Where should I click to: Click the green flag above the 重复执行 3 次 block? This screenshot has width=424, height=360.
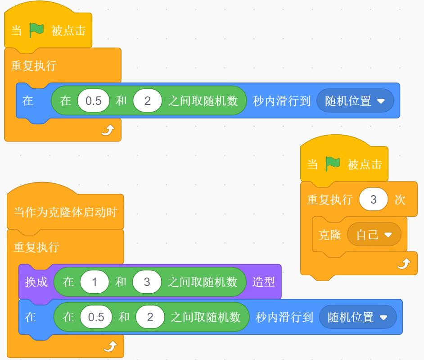click(332, 164)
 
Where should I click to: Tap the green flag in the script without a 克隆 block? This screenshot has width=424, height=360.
click(36, 30)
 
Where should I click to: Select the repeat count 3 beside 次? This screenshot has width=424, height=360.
click(374, 200)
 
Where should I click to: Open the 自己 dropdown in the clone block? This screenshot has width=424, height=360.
click(374, 234)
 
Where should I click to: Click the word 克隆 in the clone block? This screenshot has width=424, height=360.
click(329, 235)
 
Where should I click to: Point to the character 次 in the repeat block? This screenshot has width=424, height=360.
click(400, 200)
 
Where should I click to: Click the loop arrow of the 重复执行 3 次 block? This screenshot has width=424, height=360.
click(404, 264)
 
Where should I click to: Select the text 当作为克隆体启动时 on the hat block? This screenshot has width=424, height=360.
click(65, 212)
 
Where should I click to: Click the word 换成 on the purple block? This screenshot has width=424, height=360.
click(36, 282)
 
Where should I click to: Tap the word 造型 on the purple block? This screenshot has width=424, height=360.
click(264, 282)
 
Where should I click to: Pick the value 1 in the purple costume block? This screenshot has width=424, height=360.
click(95, 282)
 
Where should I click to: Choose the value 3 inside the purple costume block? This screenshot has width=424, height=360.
click(147, 282)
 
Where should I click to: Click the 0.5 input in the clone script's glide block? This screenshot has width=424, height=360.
click(96, 317)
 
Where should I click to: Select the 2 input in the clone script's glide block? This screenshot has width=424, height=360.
click(150, 317)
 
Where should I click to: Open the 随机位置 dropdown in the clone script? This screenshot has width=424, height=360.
click(358, 317)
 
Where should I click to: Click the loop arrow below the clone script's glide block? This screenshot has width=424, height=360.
click(111, 346)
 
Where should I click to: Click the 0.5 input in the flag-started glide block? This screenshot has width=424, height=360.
click(93, 100)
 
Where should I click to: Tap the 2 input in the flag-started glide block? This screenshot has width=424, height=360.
click(147, 100)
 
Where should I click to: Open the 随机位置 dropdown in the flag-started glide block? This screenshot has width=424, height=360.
click(355, 100)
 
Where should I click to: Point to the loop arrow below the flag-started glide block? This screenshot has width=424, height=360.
click(108, 130)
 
